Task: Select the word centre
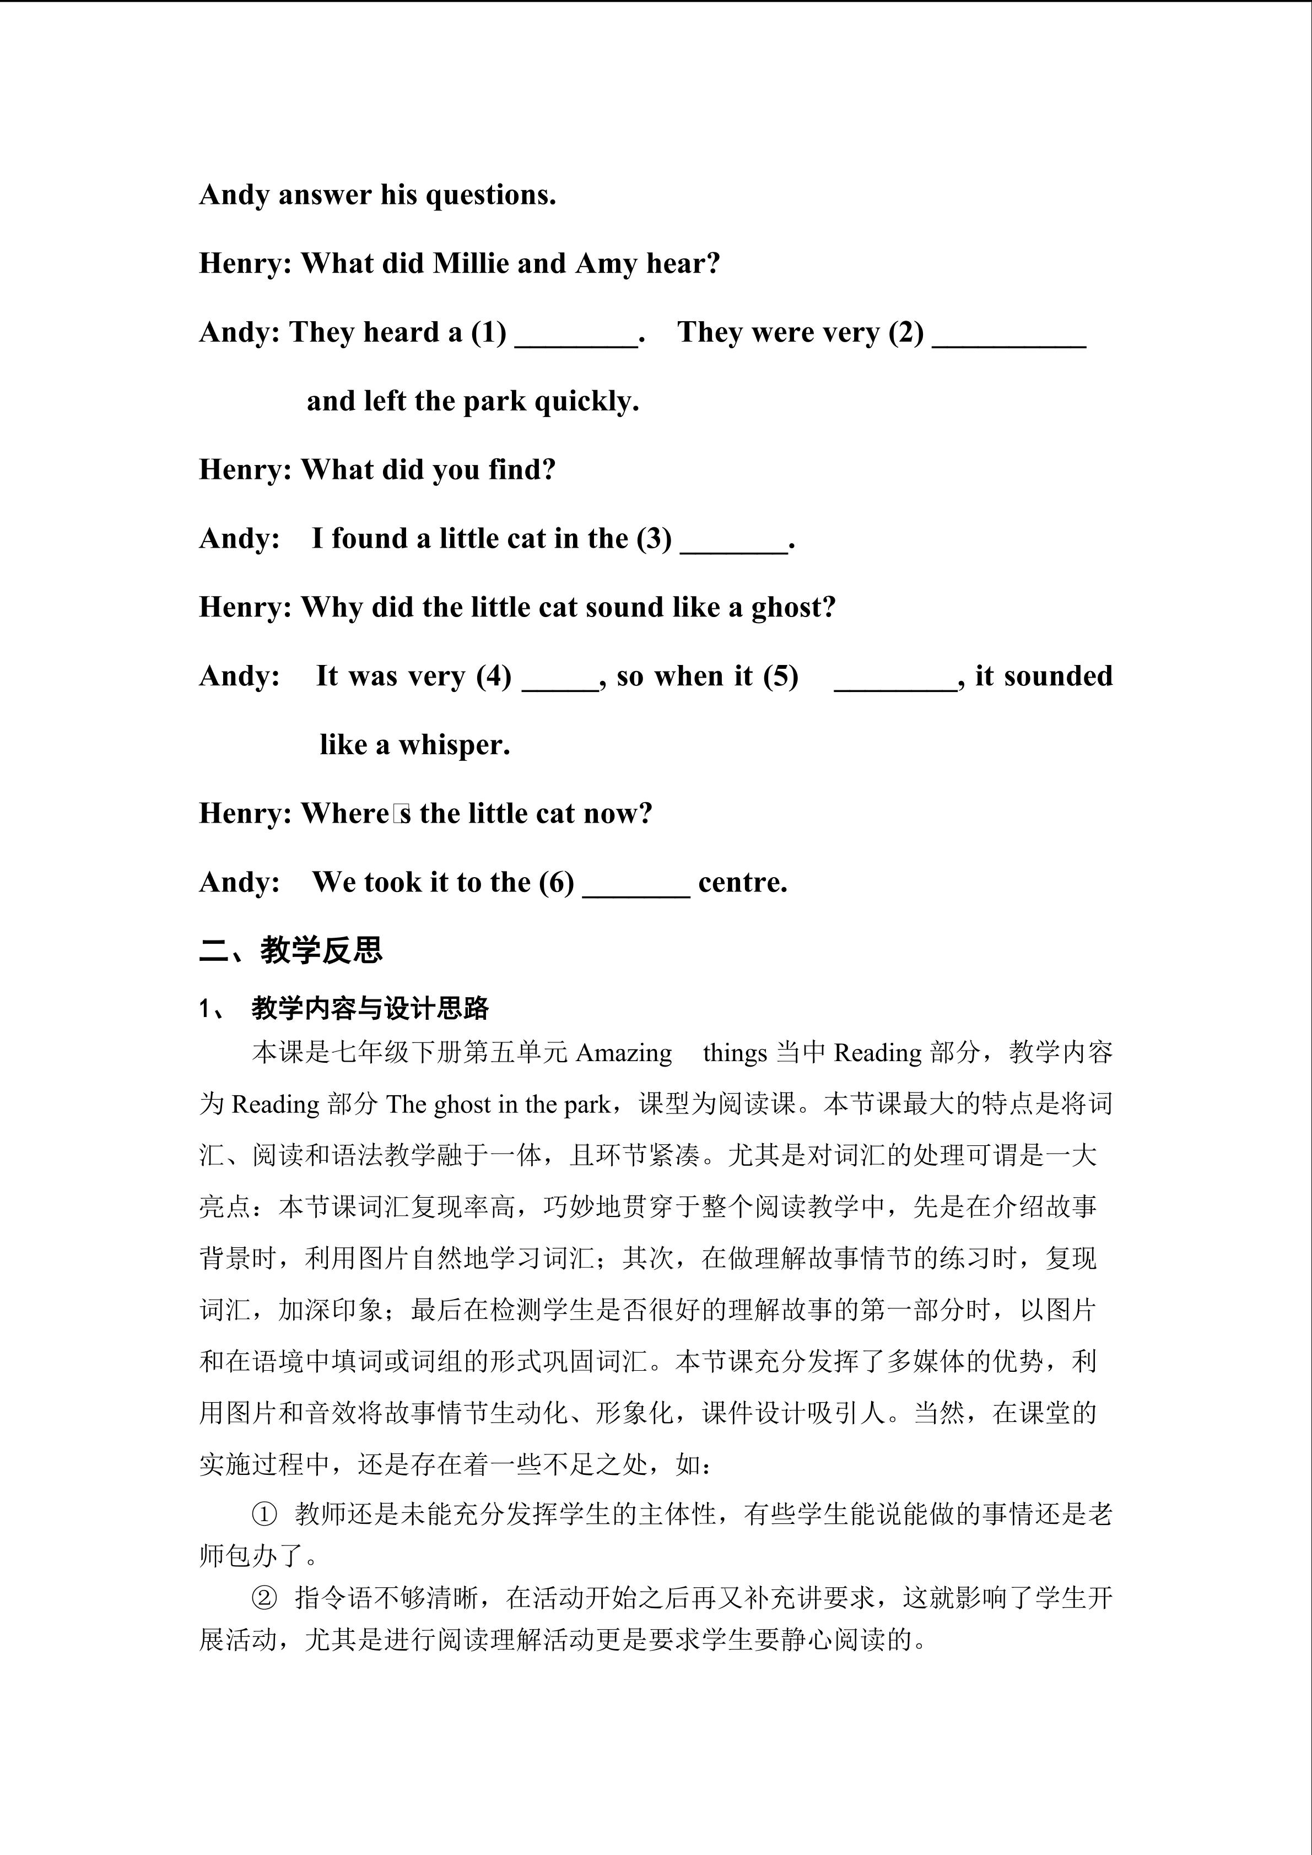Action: (742, 882)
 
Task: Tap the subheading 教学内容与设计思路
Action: (370, 1008)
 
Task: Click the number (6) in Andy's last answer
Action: (556, 882)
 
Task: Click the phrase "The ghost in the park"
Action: (498, 1105)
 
